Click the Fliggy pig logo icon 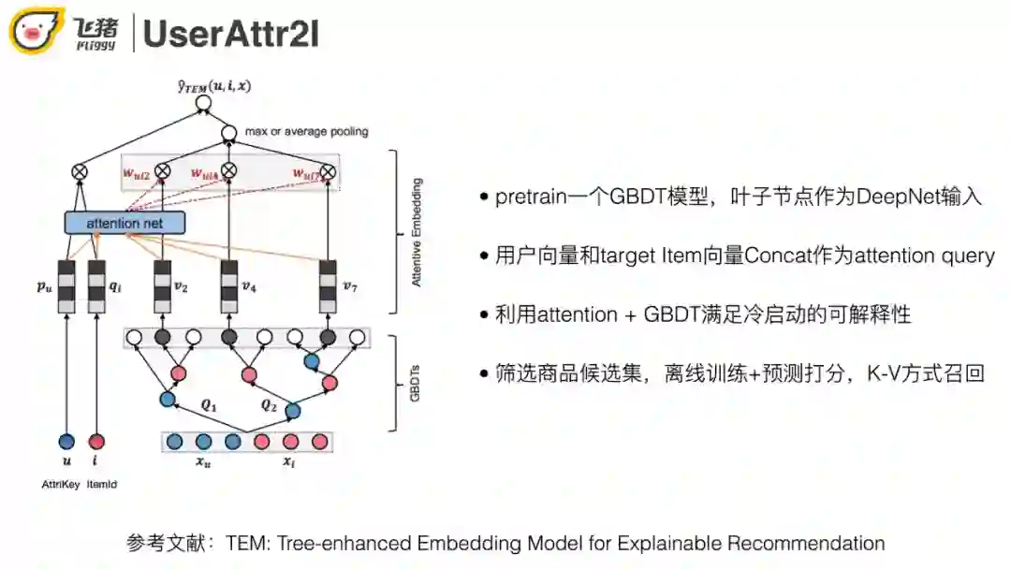(x=37, y=31)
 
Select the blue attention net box (x=125, y=224)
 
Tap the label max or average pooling (x=306, y=132)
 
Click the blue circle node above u (x=66, y=442)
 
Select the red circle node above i (x=97, y=442)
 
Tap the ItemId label (x=101, y=484)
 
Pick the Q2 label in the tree (x=269, y=405)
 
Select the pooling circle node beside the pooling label (x=228, y=134)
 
